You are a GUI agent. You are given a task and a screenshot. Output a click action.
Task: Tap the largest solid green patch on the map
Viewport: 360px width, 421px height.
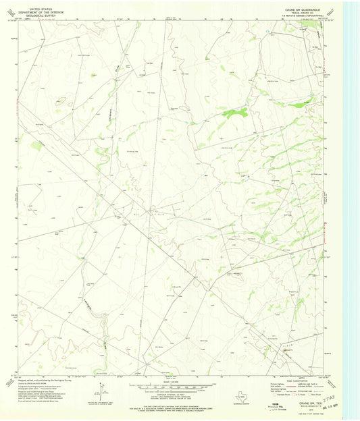click(235, 113)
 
